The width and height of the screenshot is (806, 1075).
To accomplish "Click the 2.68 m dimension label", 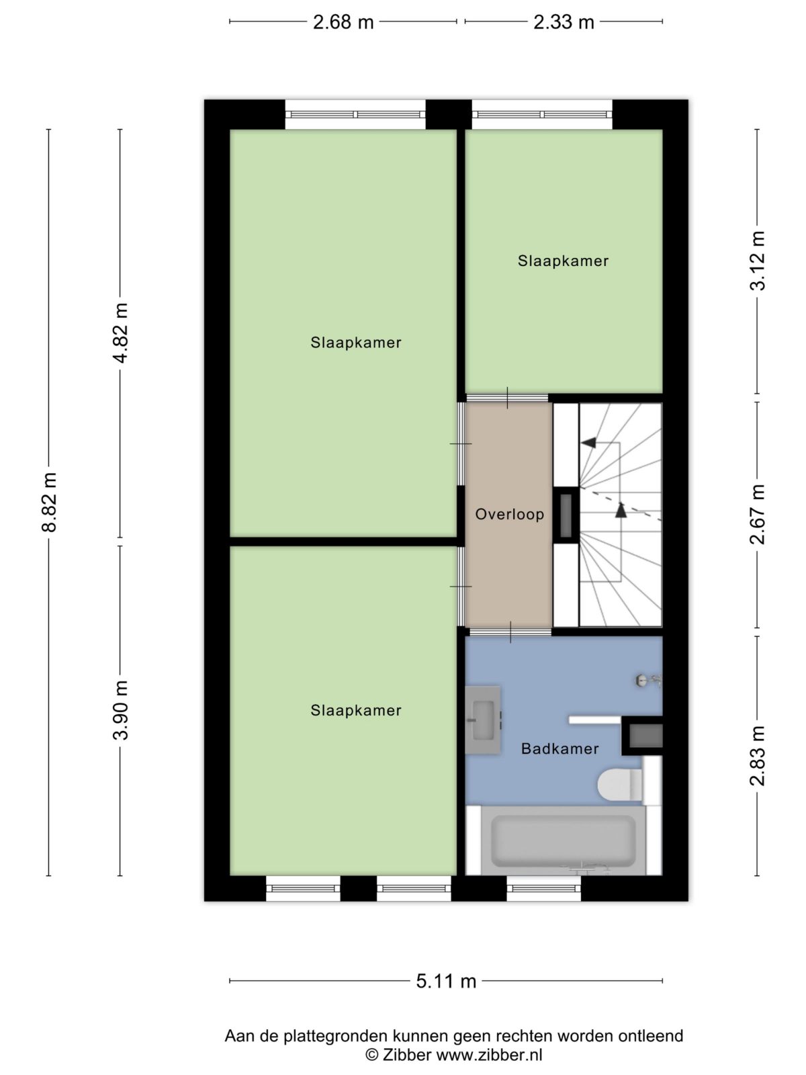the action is [343, 22].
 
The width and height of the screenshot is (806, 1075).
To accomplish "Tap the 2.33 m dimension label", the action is [564, 22].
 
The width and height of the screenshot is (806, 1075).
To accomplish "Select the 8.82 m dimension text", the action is [50, 502].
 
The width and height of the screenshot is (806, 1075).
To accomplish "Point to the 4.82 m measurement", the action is [120, 333].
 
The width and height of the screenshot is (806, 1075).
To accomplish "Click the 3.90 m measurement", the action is [120, 710].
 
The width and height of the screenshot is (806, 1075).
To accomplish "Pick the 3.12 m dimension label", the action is [758, 261].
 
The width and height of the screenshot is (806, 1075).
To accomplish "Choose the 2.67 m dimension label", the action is [758, 514].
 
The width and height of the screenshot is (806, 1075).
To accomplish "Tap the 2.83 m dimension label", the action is [758, 756].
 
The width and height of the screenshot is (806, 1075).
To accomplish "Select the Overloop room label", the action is [509, 514].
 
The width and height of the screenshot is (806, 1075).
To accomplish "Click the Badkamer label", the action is [560, 748].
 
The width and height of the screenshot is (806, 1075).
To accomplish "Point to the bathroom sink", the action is [483, 720].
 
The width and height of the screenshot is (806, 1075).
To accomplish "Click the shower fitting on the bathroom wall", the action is [649, 680].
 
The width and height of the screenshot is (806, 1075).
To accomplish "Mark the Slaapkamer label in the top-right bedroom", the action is [564, 261].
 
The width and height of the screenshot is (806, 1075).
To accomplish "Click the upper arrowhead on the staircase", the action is [589, 443].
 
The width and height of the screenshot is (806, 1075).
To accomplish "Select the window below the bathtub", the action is [543, 888].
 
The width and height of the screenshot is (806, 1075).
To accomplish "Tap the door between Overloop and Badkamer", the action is [510, 632].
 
